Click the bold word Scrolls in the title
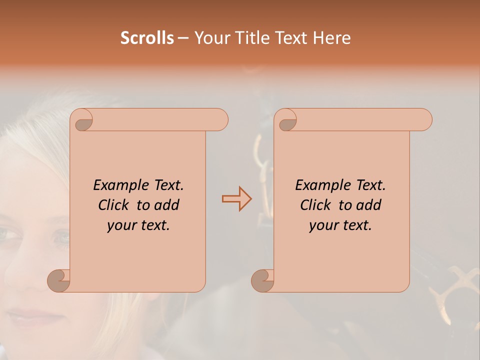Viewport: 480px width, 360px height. pos(147,38)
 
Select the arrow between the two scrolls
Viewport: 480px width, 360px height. pos(236,199)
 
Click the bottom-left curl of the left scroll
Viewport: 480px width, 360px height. pos(59,280)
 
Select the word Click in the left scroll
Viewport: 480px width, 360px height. pos(113,205)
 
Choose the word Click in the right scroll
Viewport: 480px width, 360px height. pos(315,205)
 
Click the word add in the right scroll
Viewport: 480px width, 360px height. pos(368,205)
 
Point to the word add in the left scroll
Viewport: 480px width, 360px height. pos(166,205)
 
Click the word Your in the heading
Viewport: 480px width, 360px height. pos(211,38)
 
